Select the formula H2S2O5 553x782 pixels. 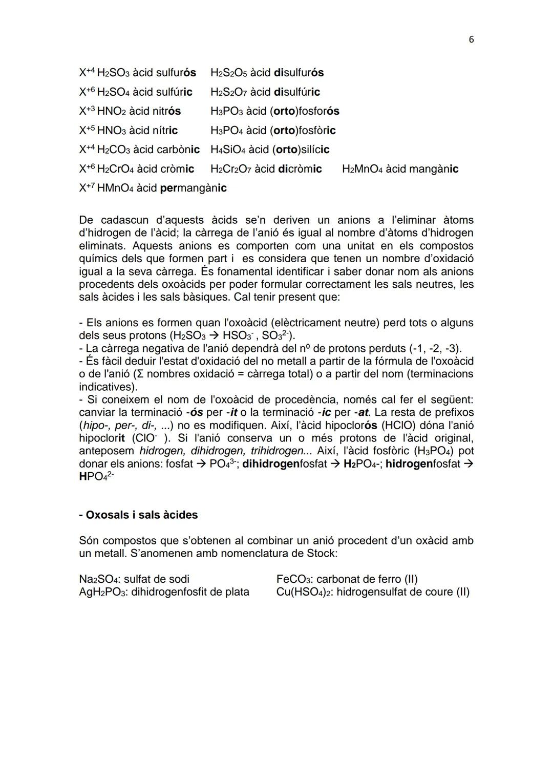point(228,73)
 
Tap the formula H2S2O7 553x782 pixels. point(228,92)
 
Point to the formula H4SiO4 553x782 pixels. point(228,150)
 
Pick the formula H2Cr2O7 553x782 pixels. point(231,169)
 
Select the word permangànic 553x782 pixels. point(193,188)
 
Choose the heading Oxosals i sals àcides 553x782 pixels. point(138,515)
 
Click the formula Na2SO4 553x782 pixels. point(98,579)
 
